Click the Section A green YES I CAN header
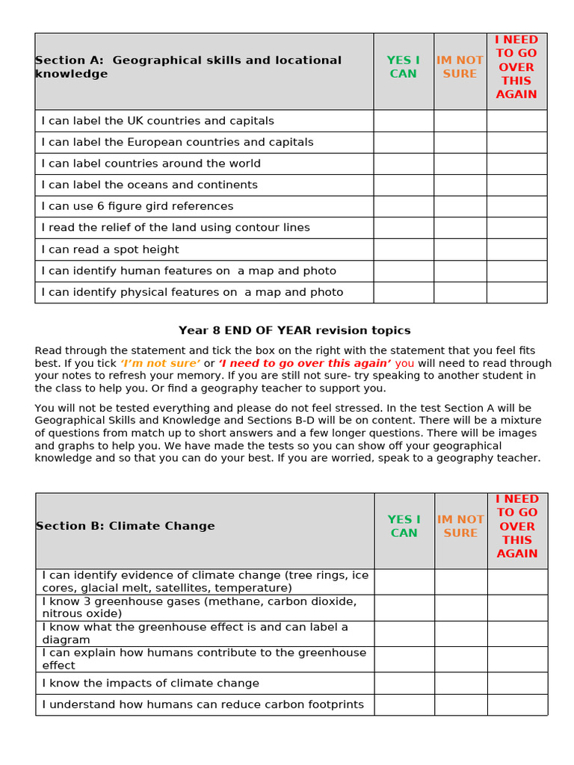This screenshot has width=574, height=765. click(x=403, y=67)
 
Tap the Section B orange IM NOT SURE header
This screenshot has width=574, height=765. click(x=460, y=526)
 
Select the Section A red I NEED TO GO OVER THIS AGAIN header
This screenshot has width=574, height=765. click(x=516, y=67)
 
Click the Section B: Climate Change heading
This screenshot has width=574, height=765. click(x=126, y=526)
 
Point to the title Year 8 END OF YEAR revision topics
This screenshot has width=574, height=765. click(x=294, y=330)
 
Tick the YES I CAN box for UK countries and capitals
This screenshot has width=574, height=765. click(x=403, y=121)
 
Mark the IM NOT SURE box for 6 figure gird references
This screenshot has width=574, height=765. click(x=460, y=206)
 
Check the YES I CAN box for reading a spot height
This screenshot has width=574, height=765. click(x=403, y=250)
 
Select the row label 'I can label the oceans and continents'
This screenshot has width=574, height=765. click(x=149, y=185)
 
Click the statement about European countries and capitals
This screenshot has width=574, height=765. click(x=177, y=142)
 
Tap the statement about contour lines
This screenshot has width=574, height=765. click(x=176, y=227)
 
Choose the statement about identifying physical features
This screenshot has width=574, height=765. click(x=192, y=292)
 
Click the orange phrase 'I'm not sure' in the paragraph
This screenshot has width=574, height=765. click(x=160, y=363)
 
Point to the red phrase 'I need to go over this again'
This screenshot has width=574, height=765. click(x=305, y=363)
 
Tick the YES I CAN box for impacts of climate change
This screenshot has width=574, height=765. click(x=404, y=683)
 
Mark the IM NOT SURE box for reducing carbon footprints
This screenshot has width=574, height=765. click(x=460, y=704)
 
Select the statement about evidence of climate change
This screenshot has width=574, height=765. click(x=205, y=581)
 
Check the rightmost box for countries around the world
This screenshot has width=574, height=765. click(x=516, y=164)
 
